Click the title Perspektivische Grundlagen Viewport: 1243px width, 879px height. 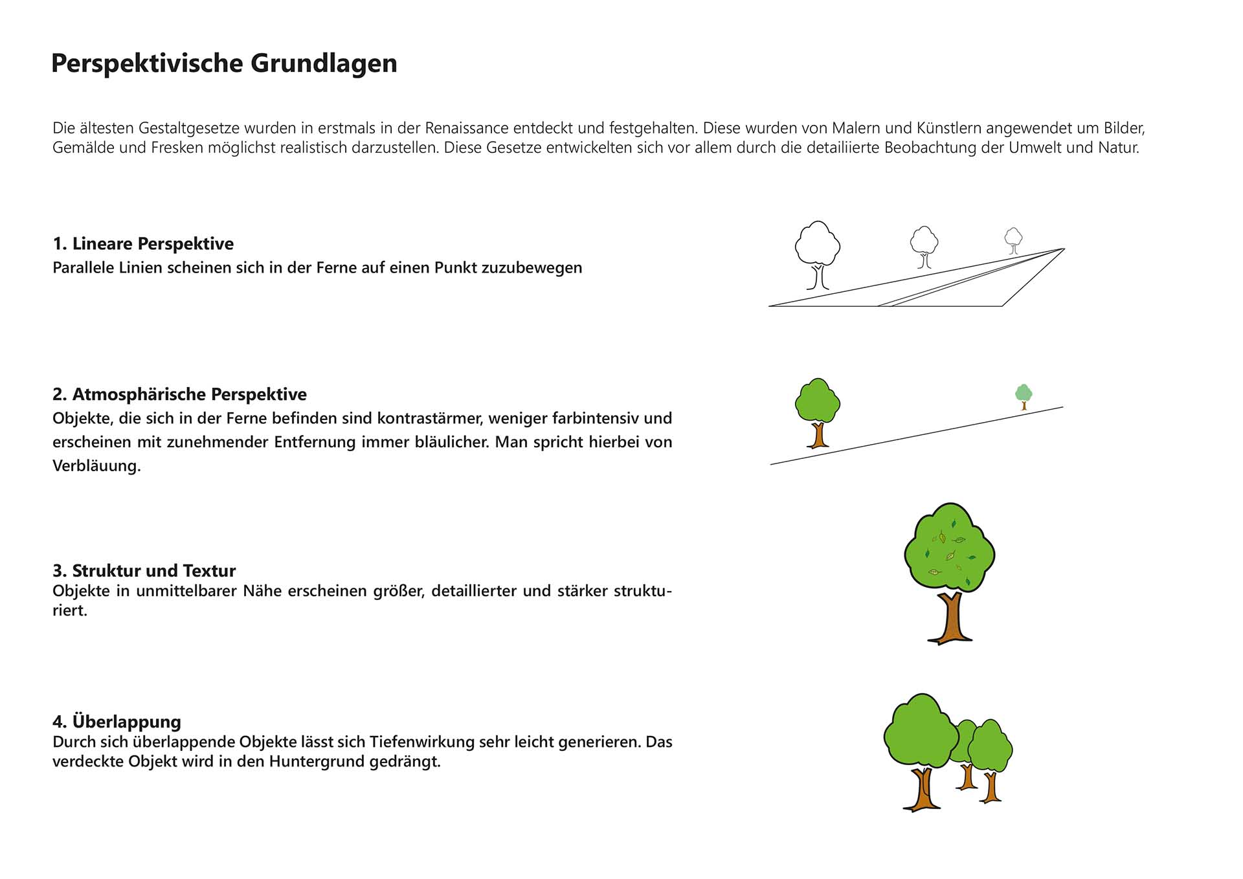[224, 63]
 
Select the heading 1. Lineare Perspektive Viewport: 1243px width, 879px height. [143, 244]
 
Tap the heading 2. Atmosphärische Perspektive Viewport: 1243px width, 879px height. [179, 394]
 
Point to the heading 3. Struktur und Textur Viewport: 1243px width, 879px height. [144, 571]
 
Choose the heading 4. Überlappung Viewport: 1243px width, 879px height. [117, 722]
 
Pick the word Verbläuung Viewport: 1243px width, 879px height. [96, 466]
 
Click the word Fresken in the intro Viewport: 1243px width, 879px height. [177, 148]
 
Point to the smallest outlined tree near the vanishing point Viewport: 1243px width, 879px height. [1013, 240]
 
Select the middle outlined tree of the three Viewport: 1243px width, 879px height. [924, 246]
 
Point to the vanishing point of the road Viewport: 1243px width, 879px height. [1064, 249]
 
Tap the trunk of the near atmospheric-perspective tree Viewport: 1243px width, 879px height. [818, 435]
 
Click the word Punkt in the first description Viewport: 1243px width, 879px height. [453, 268]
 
